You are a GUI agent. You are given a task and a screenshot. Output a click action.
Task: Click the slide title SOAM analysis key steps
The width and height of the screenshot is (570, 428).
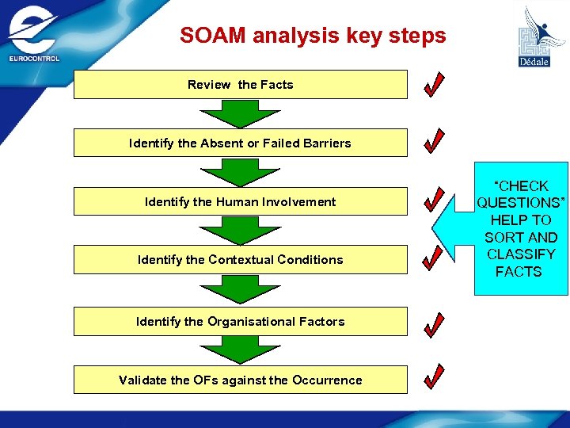pos(313,36)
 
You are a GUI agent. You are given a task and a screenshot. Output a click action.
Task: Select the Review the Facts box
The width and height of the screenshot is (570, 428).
pos(241,85)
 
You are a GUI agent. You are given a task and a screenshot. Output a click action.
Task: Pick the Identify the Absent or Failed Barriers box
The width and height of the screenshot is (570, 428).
pos(241,143)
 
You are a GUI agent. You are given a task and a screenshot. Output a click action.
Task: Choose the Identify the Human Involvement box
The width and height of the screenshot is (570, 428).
pos(241,202)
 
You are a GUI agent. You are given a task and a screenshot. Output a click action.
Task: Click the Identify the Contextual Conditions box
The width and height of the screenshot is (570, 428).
pos(241,260)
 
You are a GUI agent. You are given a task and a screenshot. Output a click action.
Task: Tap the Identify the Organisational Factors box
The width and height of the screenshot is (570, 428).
pos(241,322)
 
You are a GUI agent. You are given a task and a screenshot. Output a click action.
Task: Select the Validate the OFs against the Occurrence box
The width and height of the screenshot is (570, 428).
pos(241,380)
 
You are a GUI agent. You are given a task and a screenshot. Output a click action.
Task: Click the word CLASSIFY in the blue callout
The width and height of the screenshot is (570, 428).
pos(521,254)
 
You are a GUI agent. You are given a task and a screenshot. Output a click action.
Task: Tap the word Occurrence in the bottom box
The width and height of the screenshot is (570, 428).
pos(327,380)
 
